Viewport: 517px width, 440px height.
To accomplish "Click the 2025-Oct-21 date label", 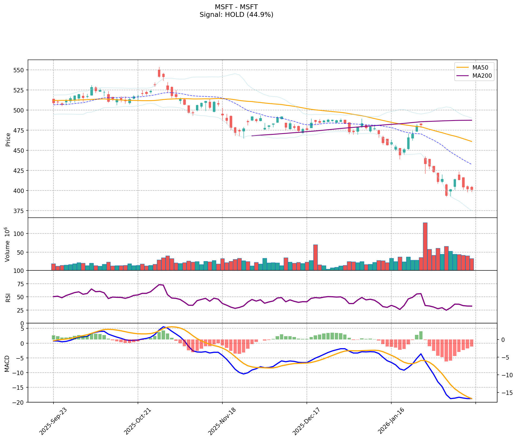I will click(x=137, y=418).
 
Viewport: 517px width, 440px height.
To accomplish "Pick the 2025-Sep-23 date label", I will click(x=53, y=418).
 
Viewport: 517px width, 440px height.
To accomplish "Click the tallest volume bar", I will click(x=425, y=246).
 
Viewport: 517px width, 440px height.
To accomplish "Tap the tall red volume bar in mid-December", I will click(x=315, y=257).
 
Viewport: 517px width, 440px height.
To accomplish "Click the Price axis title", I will click(x=8, y=139).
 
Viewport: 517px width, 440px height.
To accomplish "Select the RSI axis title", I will click(x=8, y=297).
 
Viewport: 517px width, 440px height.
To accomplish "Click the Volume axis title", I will click(x=8, y=244).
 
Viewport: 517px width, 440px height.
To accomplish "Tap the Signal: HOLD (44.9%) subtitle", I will click(x=236, y=15).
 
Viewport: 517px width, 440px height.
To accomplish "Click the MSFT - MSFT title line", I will click(x=236, y=7).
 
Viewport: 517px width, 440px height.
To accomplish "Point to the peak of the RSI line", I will click(x=160, y=285).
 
